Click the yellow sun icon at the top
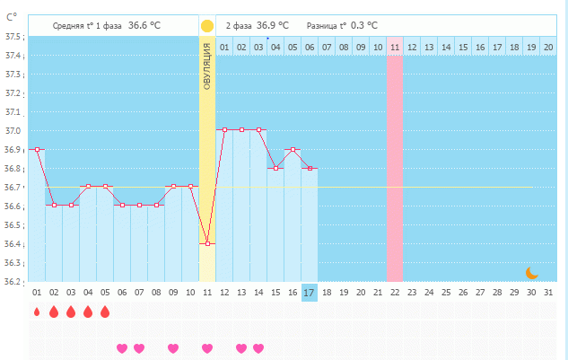207,26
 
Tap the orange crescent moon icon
531,271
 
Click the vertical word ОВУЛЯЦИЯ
207,66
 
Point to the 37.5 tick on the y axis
13,37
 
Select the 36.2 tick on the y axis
13,281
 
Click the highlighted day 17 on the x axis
310,293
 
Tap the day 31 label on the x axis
548,293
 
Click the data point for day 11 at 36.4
207,243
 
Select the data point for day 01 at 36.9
37,149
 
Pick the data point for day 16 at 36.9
293,149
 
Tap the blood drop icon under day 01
37,312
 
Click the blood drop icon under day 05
105,312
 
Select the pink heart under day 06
122,347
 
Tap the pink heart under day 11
207,347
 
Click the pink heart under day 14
258,347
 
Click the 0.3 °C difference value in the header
363,26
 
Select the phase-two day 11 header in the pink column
395,47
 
